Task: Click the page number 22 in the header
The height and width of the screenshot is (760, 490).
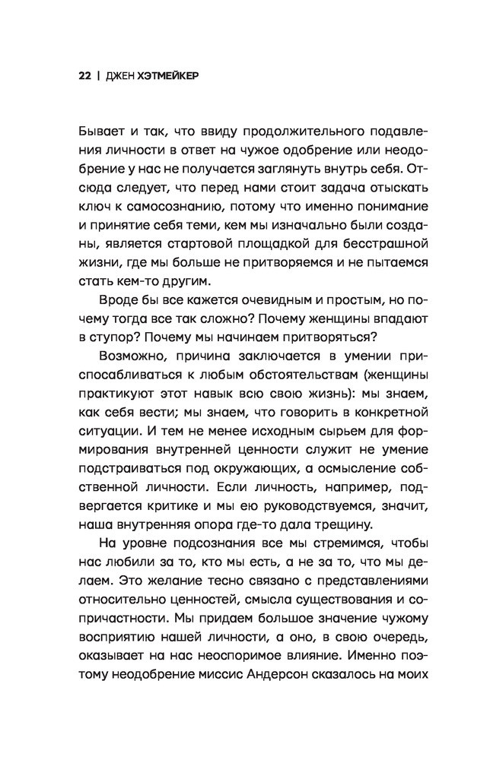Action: tap(84, 77)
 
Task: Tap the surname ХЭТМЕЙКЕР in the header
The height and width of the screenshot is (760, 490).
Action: tap(168, 77)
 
